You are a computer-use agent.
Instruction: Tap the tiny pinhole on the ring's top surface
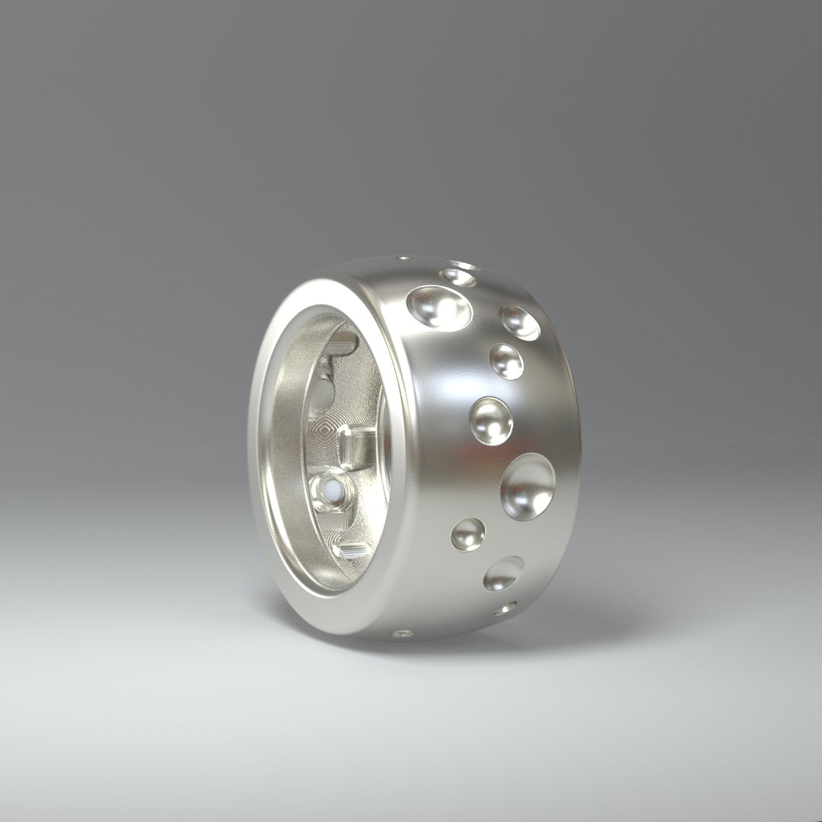(400, 260)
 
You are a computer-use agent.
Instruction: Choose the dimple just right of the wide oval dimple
(520, 322)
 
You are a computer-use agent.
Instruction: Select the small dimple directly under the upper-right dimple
(507, 362)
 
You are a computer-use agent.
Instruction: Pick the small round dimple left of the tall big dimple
(468, 534)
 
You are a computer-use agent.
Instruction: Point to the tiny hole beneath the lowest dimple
(505, 608)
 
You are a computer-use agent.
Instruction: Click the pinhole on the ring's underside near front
(403, 632)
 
